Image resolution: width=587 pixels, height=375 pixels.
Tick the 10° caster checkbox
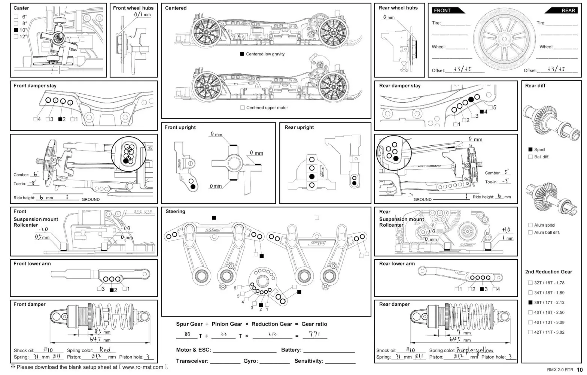pos(16,30)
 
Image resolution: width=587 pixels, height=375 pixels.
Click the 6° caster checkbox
pos(16,17)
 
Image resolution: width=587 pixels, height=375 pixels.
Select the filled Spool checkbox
pos(530,149)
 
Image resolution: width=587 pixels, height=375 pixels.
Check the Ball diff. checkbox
pos(530,157)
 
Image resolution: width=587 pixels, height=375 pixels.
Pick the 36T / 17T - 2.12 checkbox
pos(530,302)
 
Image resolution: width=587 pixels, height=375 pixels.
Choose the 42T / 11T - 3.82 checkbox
pos(530,332)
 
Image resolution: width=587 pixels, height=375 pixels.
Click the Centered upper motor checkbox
pos(242,108)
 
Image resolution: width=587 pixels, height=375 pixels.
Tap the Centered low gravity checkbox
pos(242,54)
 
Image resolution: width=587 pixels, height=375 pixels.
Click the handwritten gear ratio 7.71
pos(314,334)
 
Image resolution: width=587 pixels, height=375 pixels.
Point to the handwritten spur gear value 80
pos(187,334)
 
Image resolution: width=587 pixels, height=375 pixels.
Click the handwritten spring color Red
pos(105,350)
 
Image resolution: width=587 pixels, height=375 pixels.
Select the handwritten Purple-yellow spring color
pos(475,350)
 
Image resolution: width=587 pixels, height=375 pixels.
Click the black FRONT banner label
pos(442,10)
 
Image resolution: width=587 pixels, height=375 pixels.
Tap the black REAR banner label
pos(568,10)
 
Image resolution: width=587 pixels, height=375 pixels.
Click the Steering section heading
pos(175,211)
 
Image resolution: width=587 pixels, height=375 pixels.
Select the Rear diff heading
pos(535,85)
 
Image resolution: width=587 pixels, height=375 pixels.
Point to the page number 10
pos(580,369)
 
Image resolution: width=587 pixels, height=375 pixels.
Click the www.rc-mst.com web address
pos(143,367)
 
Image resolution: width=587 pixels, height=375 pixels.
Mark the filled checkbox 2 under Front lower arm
pos(112,290)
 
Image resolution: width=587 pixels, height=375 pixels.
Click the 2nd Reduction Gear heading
pos(548,272)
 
